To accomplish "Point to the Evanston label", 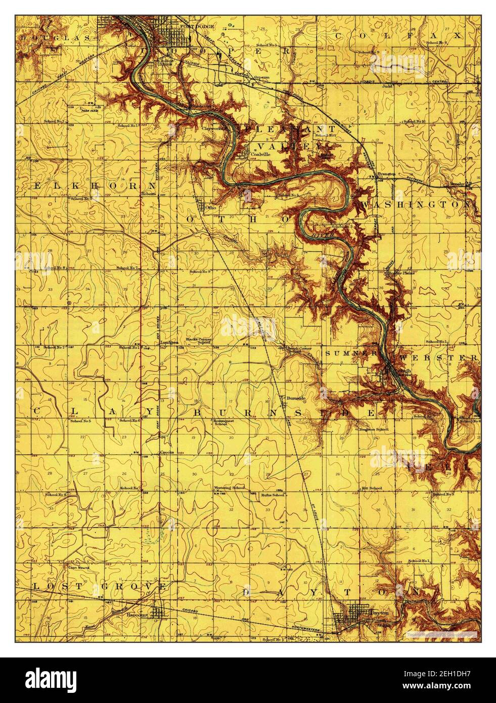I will point(387,174).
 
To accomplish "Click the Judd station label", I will point(388,86).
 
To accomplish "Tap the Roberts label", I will point(149,193).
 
